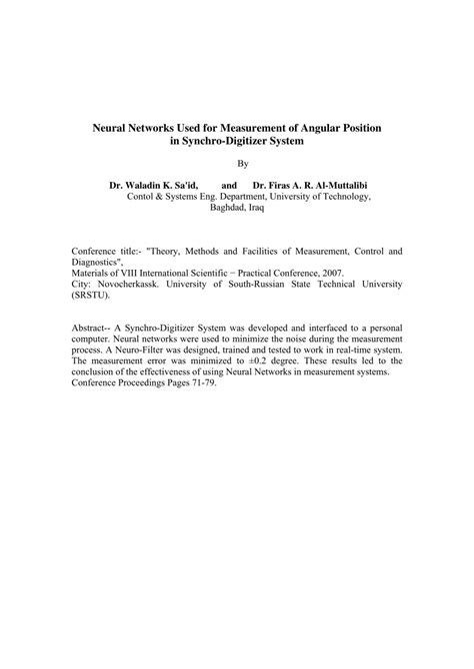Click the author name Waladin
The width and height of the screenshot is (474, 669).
146,186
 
